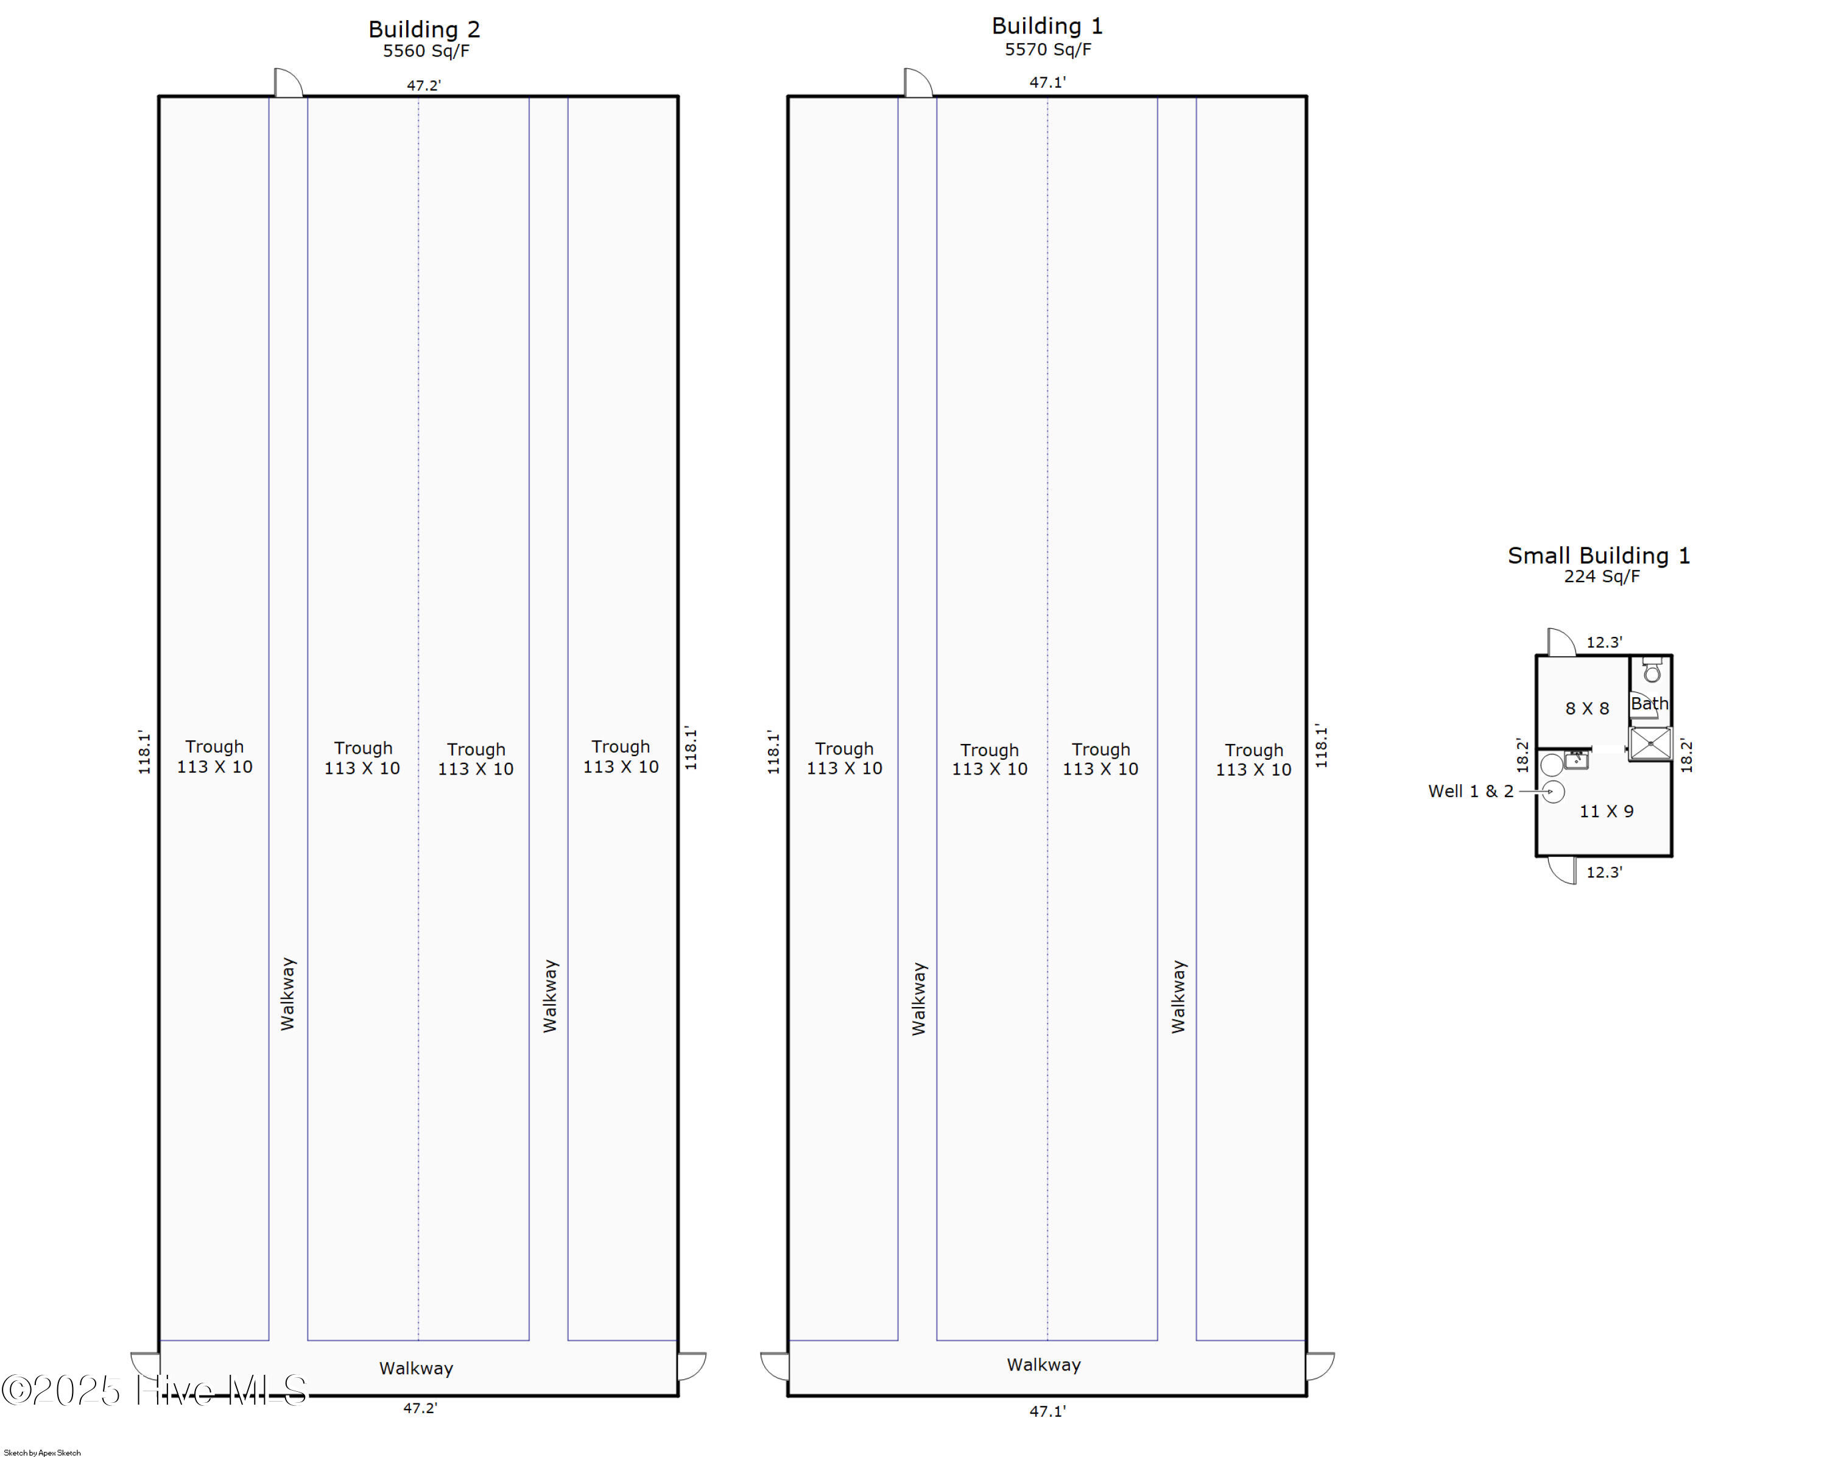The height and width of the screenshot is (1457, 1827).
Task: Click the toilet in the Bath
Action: pyautogui.click(x=1652, y=673)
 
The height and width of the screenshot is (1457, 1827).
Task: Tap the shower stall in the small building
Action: pyautogui.click(x=1650, y=744)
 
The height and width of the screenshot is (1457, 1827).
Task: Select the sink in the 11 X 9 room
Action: pyautogui.click(x=1576, y=759)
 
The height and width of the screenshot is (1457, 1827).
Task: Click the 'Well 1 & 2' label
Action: pyautogui.click(x=1470, y=791)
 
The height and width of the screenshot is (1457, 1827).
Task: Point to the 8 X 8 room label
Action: pyautogui.click(x=1586, y=708)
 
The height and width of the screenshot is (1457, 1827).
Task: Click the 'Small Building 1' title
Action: pyautogui.click(x=1598, y=556)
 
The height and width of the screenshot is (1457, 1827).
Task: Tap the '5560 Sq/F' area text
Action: pyautogui.click(x=426, y=51)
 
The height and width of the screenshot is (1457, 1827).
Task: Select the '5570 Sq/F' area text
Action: pyautogui.click(x=1047, y=49)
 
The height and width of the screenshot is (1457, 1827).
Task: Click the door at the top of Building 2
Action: pyautogui.click(x=288, y=83)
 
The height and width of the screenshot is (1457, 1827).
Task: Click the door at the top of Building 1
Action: pyautogui.click(x=918, y=83)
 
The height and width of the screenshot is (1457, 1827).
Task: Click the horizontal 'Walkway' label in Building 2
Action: pyautogui.click(x=416, y=1368)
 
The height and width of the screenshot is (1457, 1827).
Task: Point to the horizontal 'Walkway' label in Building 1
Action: pyautogui.click(x=1043, y=1364)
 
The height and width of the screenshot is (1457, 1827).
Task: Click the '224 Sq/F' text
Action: pyautogui.click(x=1602, y=577)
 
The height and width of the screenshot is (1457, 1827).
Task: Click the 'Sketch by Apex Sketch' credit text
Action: pyautogui.click(x=43, y=1453)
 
